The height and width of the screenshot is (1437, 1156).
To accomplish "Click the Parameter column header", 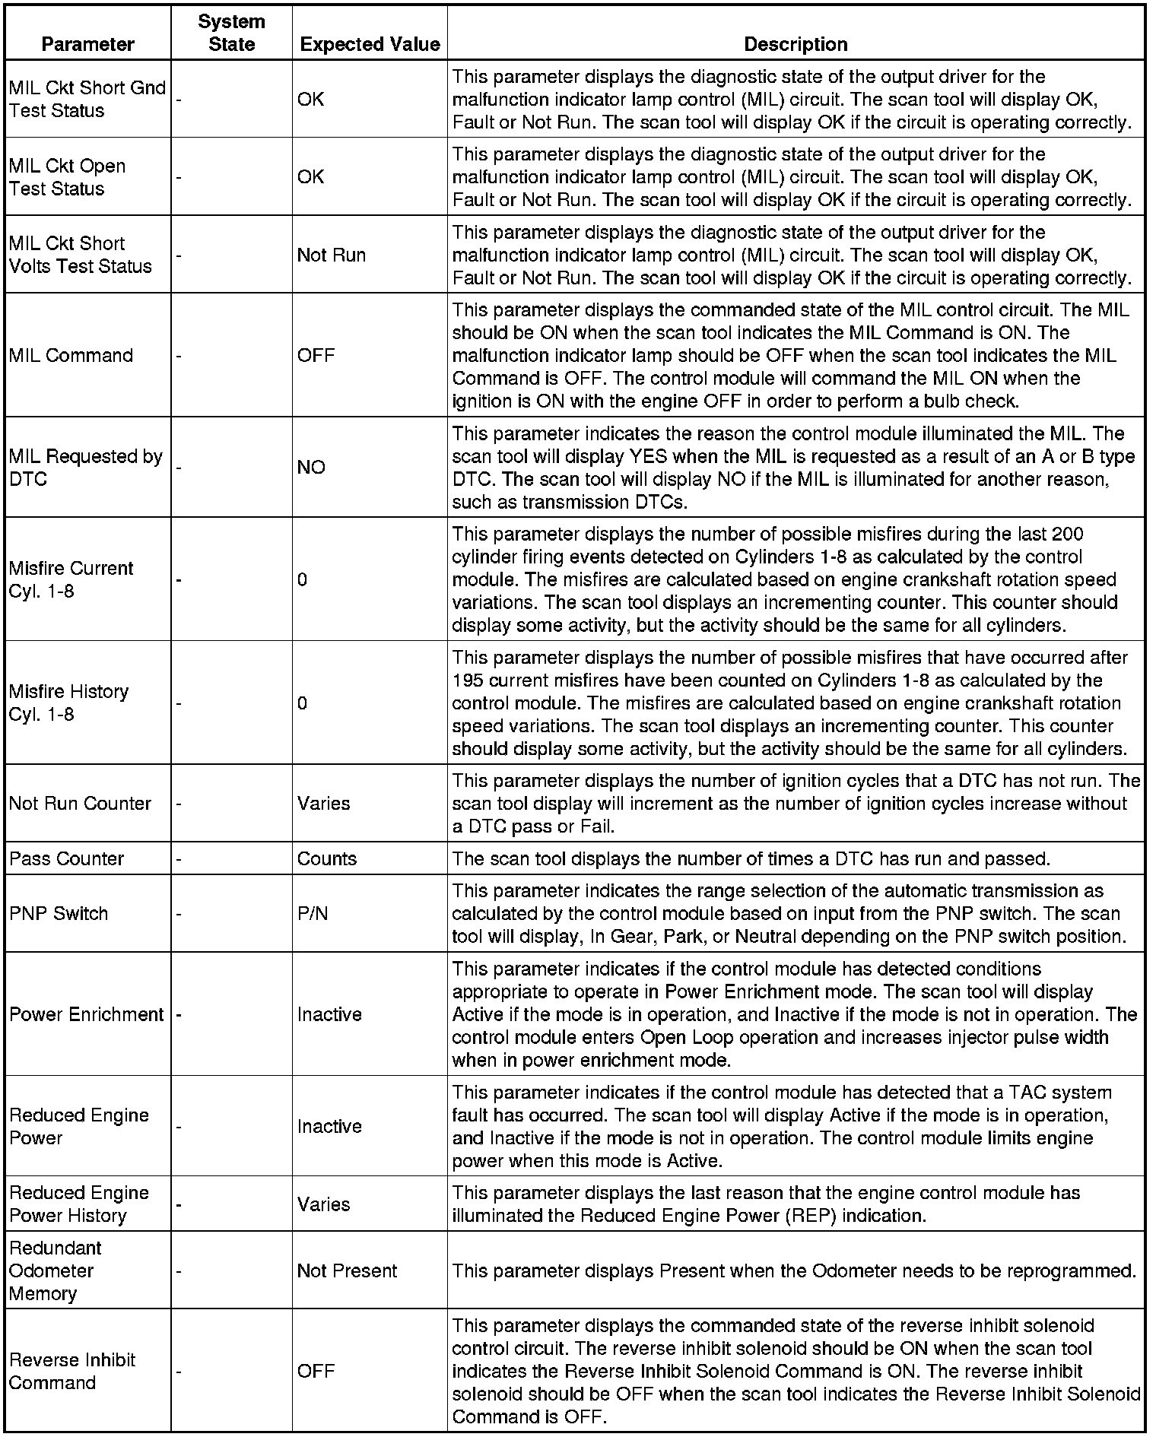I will pyautogui.click(x=87, y=44).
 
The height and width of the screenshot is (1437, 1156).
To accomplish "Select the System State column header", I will pyautogui.click(x=231, y=33).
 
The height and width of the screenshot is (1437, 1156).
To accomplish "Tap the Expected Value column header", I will pyautogui.click(x=370, y=44).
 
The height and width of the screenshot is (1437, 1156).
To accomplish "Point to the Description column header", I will pyautogui.click(x=796, y=44).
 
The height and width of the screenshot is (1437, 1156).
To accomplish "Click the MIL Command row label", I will pyautogui.click(x=71, y=355).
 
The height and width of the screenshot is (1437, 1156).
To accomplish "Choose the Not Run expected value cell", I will pyautogui.click(x=331, y=255).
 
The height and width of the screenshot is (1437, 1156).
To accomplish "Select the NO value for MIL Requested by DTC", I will pyautogui.click(x=311, y=467).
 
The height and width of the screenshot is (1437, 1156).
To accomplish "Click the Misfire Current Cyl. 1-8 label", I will pyautogui.click(x=71, y=579).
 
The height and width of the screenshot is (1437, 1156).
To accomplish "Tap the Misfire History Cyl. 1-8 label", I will pyautogui.click(x=68, y=703).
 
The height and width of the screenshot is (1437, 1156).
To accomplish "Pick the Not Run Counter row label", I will pyautogui.click(x=80, y=803).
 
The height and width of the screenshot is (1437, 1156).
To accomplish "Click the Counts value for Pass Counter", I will pyautogui.click(x=326, y=858).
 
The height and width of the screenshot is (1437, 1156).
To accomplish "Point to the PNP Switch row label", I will pyautogui.click(x=59, y=913).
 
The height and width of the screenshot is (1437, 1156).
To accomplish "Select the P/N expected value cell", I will pyautogui.click(x=313, y=913).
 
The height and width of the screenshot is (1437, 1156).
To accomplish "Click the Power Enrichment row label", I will pyautogui.click(x=86, y=1014).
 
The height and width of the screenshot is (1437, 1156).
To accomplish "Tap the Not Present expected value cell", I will pyautogui.click(x=347, y=1270).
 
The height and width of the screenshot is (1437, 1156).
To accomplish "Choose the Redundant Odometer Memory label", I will pyautogui.click(x=56, y=1270).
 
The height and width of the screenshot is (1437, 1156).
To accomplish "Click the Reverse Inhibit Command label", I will pyautogui.click(x=71, y=1371).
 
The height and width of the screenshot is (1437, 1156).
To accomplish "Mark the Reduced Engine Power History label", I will pyautogui.click(x=78, y=1204).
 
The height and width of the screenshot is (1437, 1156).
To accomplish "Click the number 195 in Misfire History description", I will pyautogui.click(x=467, y=680).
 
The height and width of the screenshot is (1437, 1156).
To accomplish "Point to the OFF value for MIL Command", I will pyautogui.click(x=316, y=355).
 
